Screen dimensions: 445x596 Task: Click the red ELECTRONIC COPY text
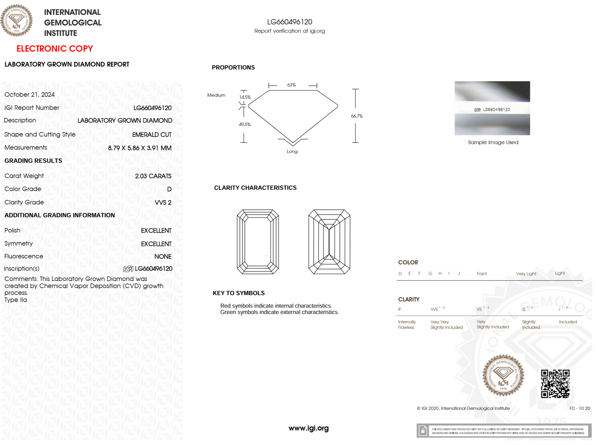pos(54,49)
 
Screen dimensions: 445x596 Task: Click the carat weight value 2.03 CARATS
pos(153,176)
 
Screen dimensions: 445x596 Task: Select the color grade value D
pos(169,189)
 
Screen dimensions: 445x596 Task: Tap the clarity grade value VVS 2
pos(163,203)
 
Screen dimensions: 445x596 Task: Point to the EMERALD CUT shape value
pos(152,135)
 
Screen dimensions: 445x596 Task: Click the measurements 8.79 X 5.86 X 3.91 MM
pos(140,148)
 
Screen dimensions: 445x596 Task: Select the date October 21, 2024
pos(29,95)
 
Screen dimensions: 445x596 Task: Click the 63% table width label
pos(291,85)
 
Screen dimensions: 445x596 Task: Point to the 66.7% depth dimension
pos(356,116)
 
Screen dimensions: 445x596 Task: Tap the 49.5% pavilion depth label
pos(245,125)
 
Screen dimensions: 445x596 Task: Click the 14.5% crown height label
pos(245,97)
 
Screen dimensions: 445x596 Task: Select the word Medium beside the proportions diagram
pos(216,95)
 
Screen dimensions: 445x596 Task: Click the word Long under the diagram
pos(292,152)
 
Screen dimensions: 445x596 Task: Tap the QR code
pos(555,384)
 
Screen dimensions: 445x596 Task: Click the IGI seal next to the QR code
pos(503,375)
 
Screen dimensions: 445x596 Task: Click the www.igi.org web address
pos(308,428)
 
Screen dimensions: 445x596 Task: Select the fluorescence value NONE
pos(163,257)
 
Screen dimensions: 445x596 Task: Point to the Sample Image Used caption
pos(493,142)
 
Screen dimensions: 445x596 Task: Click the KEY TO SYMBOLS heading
pos(239,293)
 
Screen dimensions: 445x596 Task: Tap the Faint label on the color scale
pos(482,274)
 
